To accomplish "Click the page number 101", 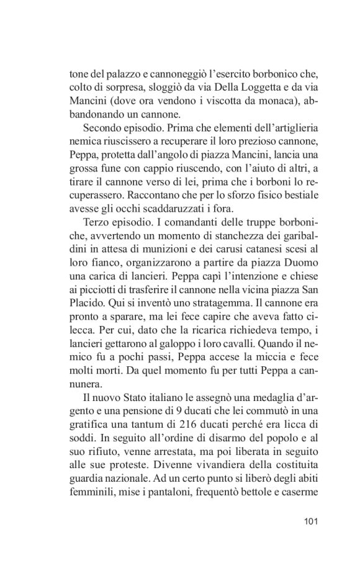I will point(308,520).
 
